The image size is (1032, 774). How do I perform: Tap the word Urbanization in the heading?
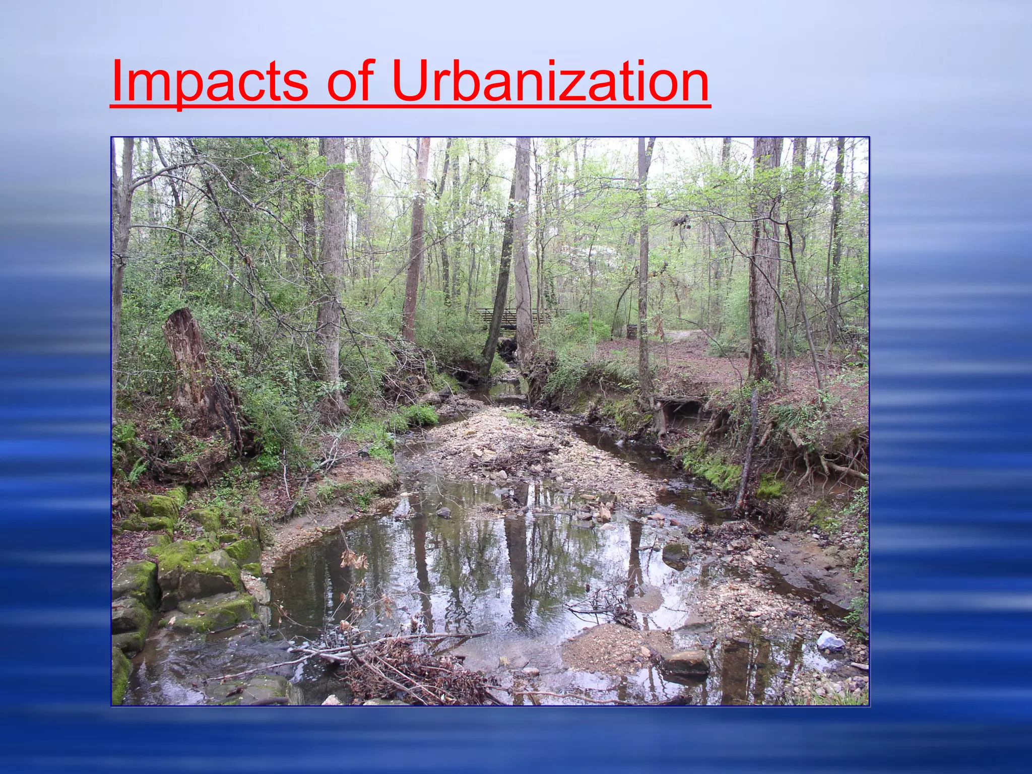pyautogui.click(x=550, y=81)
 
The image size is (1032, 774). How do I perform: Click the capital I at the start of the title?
pyautogui.click(x=117, y=81)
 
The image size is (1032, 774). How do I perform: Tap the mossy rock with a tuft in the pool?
pyautogui.click(x=675, y=552)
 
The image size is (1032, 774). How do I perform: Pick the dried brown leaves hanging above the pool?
pyautogui.click(x=353, y=559)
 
